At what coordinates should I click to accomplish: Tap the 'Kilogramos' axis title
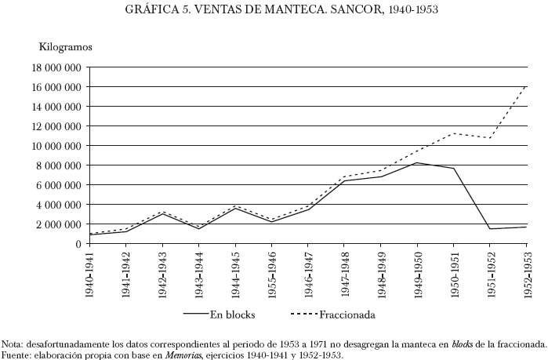pos(66,48)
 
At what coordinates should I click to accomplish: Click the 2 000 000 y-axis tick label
pos(56,224)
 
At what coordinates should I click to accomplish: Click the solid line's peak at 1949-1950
pos(417,162)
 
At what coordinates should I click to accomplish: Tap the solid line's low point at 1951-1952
pos(490,229)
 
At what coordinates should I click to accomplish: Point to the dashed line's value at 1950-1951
pos(454,133)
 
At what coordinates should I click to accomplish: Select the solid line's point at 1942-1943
pos(162,214)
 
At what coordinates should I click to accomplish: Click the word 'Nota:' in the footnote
pos(13,344)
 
